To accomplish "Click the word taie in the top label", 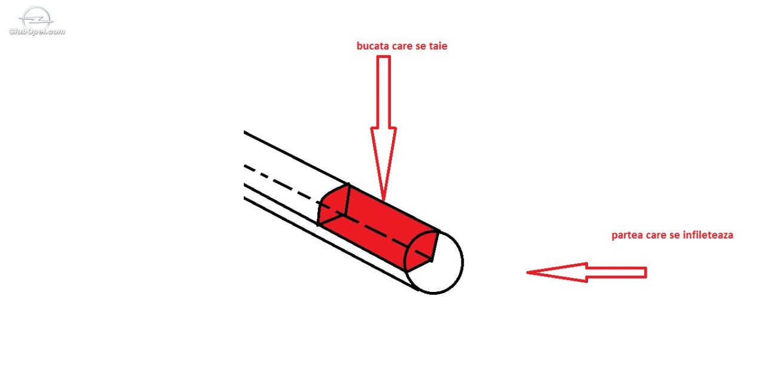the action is [438, 46].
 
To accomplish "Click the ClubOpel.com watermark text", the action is [37, 32].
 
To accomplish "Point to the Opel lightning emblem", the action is [36, 18].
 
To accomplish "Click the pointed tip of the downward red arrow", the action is [384, 200].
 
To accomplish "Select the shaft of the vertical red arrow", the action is [384, 92].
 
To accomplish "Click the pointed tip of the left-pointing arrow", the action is [527, 273].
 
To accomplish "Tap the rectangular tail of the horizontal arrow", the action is [617, 273].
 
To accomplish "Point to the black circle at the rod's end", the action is [463, 263].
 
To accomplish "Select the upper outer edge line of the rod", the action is [296, 157].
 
